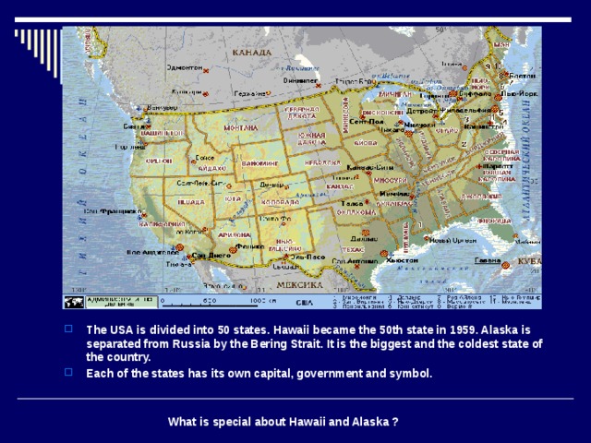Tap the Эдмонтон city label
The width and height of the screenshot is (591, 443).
pos(185,67)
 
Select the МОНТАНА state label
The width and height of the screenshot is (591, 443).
pos(242,128)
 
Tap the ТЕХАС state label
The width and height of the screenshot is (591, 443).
pos(353,249)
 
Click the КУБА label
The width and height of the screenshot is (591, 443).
pos(529,261)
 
